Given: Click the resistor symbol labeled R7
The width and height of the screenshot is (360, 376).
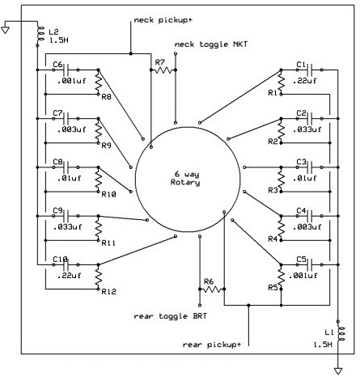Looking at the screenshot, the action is (x=163, y=70).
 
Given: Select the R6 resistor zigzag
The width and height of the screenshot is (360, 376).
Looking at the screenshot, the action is (x=212, y=289).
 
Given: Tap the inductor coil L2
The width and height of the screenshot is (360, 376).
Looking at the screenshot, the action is (x=40, y=34).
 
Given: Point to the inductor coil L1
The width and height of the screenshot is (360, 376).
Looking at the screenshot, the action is (x=341, y=334).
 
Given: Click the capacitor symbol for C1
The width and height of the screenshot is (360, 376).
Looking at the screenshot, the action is (x=310, y=70).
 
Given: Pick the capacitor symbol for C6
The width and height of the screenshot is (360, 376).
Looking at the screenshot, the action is (x=66, y=70).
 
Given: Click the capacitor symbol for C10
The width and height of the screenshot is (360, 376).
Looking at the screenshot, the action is (x=66, y=265).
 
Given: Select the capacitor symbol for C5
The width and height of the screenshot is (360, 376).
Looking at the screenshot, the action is (x=310, y=265).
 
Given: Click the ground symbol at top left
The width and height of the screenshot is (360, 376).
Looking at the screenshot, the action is (x=6, y=29).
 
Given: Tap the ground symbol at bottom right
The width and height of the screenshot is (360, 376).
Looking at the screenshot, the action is (x=338, y=371).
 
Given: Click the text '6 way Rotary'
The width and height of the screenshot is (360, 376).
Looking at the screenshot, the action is (x=185, y=178).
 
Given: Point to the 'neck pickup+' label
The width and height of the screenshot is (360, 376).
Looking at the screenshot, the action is (x=163, y=20).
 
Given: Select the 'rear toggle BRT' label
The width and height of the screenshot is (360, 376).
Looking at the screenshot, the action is (x=171, y=316).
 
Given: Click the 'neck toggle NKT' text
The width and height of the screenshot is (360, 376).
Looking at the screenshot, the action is (x=211, y=44).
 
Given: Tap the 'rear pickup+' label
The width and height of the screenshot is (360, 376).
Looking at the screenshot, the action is (x=212, y=344).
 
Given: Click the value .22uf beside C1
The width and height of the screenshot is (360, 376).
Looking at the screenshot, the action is (x=304, y=81).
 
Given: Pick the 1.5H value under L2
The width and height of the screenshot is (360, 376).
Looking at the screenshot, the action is (x=58, y=40).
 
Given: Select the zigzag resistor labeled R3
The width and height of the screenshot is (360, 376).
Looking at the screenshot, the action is (x=281, y=180).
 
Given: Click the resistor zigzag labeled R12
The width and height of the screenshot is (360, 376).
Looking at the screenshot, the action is (x=99, y=277).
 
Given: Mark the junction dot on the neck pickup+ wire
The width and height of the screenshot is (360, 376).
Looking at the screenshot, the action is (x=131, y=54).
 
